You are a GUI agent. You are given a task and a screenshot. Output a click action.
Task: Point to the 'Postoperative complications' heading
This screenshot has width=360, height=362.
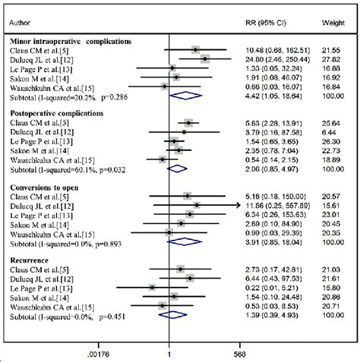pos(60,112)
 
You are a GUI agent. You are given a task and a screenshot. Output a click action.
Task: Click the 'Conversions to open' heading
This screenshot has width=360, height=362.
pos(49,185)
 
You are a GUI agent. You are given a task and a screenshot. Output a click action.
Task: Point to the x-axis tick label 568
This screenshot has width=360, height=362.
pos(239,353)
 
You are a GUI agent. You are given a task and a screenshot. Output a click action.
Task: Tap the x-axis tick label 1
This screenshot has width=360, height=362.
pos(168,353)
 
